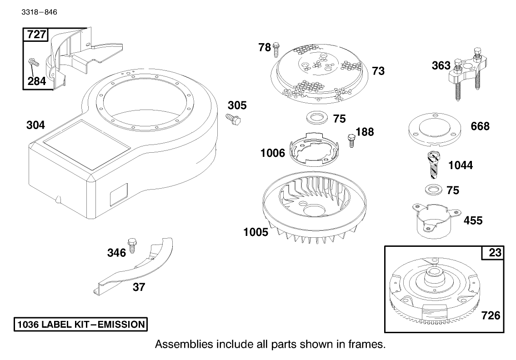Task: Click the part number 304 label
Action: click(35, 125)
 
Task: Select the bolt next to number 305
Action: click(234, 119)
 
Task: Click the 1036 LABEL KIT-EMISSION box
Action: click(80, 325)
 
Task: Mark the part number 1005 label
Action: click(255, 232)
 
